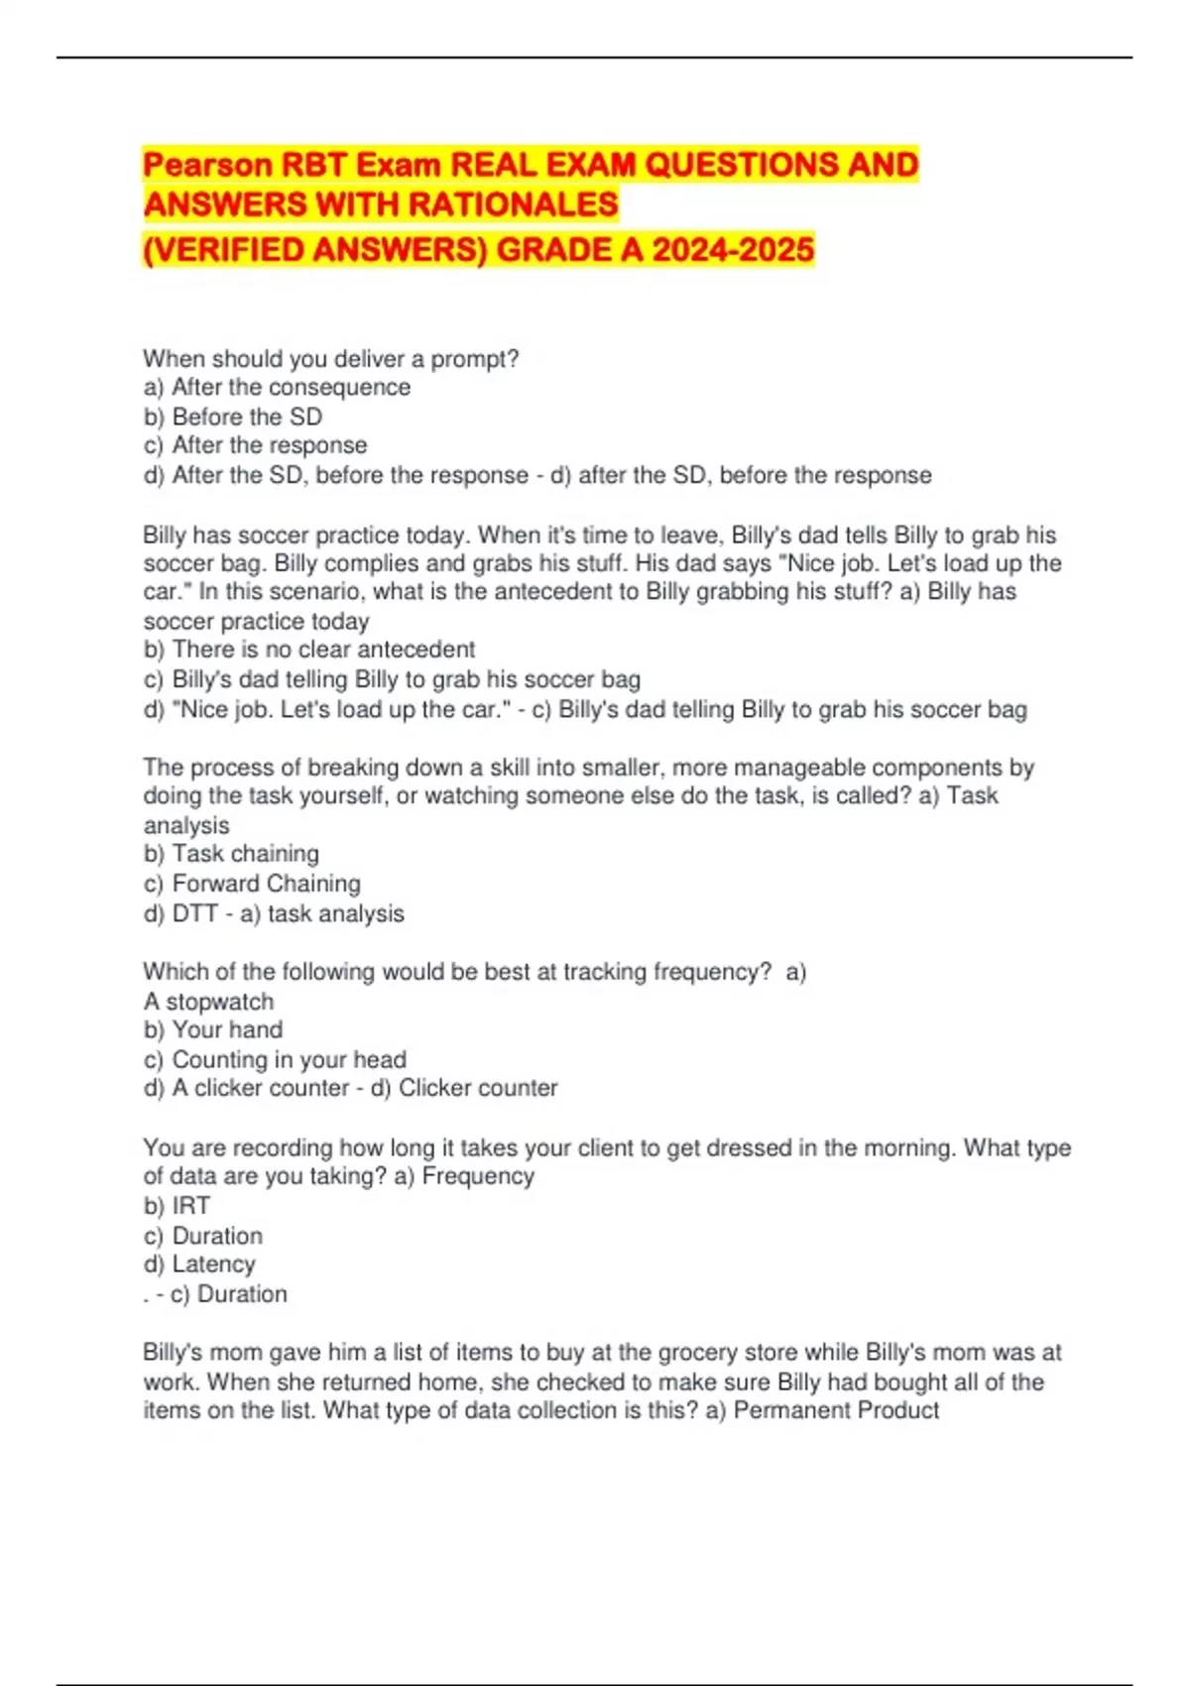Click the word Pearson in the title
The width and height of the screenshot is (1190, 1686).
[207, 164]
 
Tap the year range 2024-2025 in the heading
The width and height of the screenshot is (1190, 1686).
[733, 248]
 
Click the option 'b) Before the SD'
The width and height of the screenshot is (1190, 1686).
[233, 417]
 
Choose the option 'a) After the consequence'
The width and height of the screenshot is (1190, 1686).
[277, 387]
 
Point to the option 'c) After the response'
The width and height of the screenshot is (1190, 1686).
[255, 445]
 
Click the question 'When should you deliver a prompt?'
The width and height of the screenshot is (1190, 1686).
[331, 358]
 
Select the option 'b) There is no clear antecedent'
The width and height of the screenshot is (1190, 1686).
[309, 650]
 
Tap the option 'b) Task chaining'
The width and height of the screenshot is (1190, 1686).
[231, 854]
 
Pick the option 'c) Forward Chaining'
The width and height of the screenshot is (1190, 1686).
[252, 884]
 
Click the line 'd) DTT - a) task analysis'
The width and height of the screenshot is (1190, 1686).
[274, 913]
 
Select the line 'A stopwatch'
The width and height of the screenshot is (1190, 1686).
[208, 1002]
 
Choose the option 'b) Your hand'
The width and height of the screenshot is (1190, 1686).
[213, 1029]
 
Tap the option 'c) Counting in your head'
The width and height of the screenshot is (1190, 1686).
[275, 1059]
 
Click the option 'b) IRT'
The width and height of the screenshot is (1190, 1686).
[177, 1206]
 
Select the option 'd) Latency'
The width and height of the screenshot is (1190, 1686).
[199, 1264]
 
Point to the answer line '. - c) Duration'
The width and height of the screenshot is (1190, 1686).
[215, 1294]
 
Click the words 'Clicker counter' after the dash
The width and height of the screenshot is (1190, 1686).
[478, 1088]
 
